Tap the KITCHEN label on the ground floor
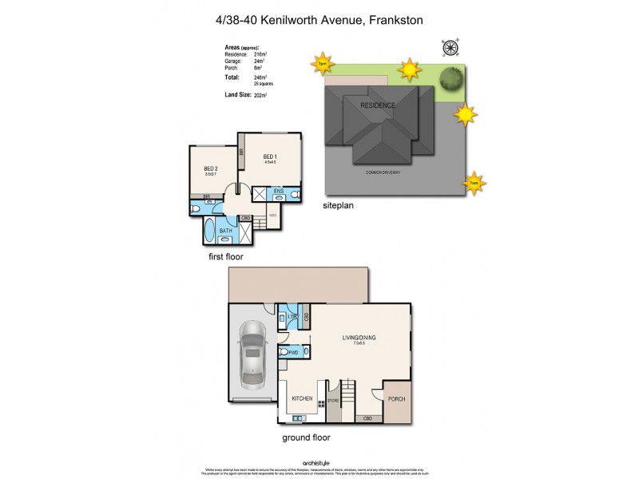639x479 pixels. pyautogui.click(x=301, y=397)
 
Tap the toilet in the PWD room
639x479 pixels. pyautogui.click(x=285, y=351)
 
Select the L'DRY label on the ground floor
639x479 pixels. pyautogui.click(x=292, y=318)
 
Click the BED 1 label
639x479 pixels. pyautogui.click(x=270, y=156)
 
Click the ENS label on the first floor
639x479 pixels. pyautogui.click(x=278, y=192)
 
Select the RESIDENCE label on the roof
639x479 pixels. pyautogui.click(x=378, y=105)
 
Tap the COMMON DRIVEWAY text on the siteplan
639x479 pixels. pyautogui.click(x=383, y=172)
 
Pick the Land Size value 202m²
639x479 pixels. pyautogui.click(x=260, y=96)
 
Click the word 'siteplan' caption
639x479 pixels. pyautogui.click(x=339, y=204)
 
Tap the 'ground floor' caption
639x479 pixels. pyautogui.click(x=306, y=437)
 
